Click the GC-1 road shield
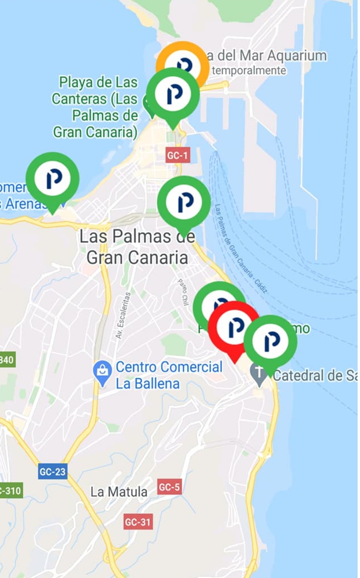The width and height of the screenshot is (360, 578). [x=177, y=155]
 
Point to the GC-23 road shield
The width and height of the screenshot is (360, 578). [x=52, y=472]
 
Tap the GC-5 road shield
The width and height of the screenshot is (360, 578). [x=169, y=487]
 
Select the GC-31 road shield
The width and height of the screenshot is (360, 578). [x=138, y=522]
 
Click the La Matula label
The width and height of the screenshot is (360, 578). [x=119, y=492]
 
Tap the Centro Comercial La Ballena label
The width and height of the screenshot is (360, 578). [x=168, y=375]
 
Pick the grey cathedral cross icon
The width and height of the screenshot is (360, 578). [x=259, y=374]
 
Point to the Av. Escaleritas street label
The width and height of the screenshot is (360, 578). [x=123, y=315]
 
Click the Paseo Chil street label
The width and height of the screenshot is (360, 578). [x=183, y=292]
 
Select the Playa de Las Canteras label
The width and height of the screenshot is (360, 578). [x=95, y=107]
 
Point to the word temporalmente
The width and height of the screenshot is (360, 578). [x=249, y=71]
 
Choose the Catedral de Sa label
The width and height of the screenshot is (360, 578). [x=314, y=376]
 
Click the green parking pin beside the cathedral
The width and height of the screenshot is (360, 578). [x=270, y=341]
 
